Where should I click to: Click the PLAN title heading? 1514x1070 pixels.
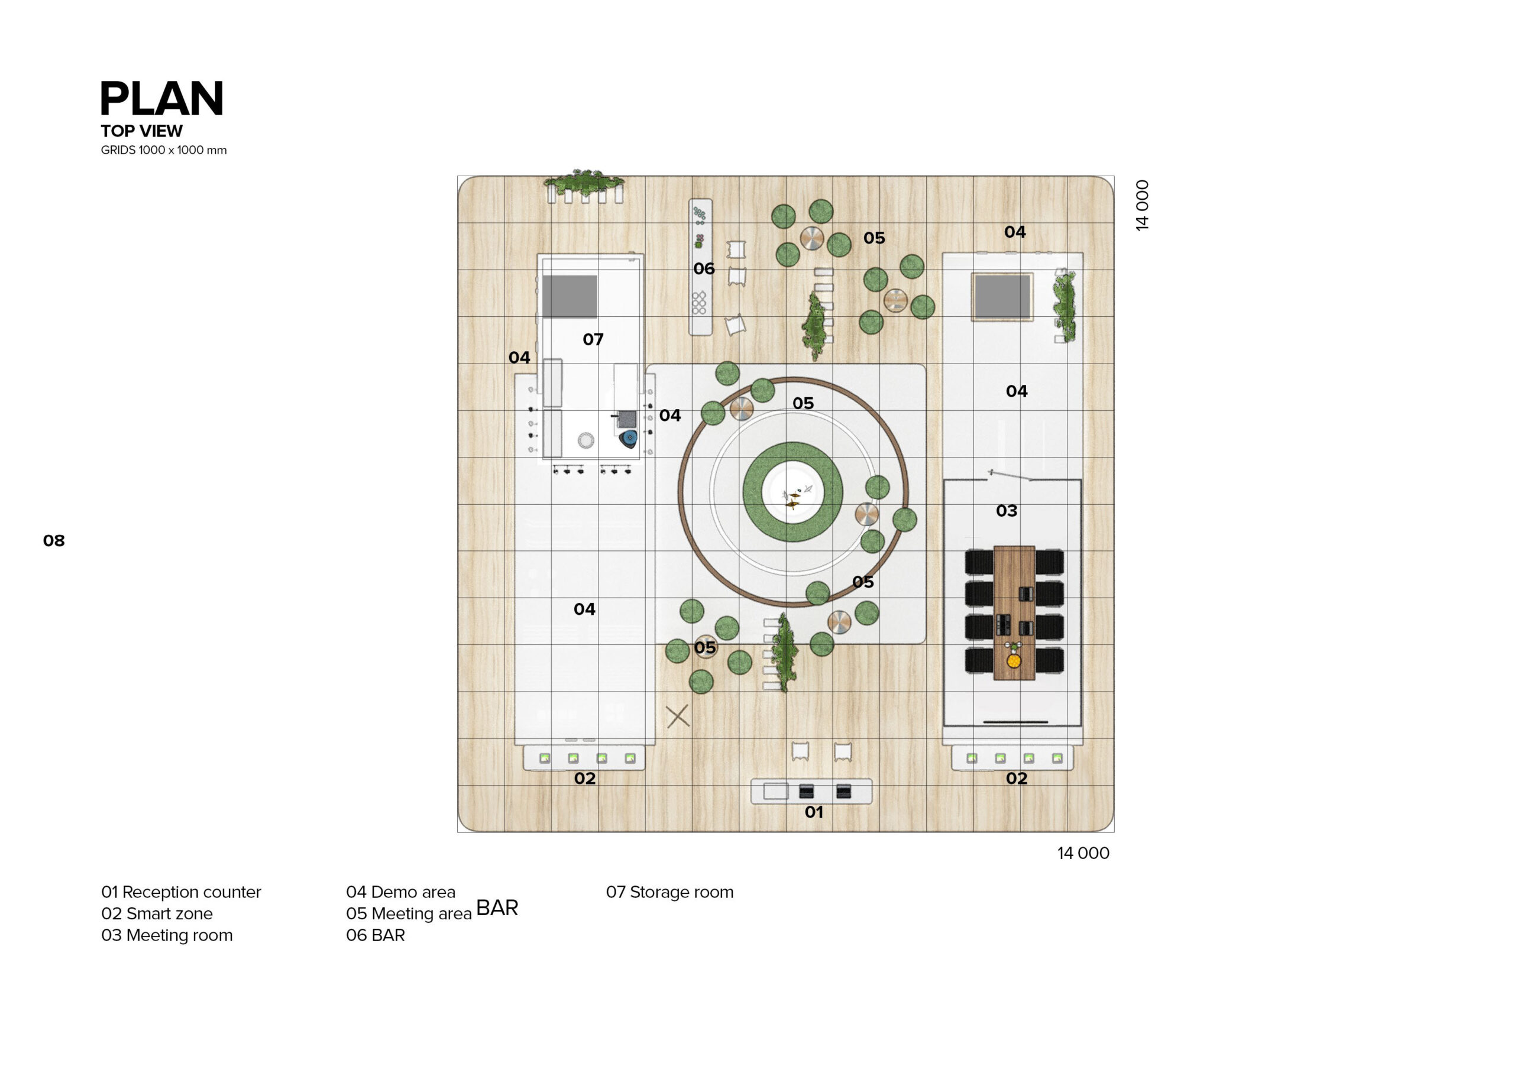tap(161, 99)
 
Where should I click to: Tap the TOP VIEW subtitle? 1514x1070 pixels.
tap(142, 131)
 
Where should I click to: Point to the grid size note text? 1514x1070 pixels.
tap(164, 150)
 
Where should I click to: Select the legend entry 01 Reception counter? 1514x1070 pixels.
tap(182, 892)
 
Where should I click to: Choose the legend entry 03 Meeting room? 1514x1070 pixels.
tap(167, 935)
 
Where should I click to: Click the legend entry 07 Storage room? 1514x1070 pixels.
tap(669, 892)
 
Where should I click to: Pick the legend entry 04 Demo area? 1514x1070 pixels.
tap(400, 892)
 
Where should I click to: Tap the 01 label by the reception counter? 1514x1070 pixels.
tap(814, 812)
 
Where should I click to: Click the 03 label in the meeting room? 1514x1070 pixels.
tap(1006, 511)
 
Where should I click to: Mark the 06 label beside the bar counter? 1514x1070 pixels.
tap(704, 269)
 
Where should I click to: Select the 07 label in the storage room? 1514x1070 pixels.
tap(593, 339)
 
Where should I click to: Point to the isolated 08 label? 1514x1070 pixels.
tap(54, 540)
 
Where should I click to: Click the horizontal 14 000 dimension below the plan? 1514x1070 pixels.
tap(1083, 853)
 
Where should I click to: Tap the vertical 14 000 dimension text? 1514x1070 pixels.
tap(1142, 205)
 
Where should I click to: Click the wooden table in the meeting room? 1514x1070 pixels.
tap(1014, 612)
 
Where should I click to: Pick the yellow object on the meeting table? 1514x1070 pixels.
tap(1014, 660)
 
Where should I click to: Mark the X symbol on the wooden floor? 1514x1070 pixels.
tap(678, 716)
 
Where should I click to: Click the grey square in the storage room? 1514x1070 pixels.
tap(570, 297)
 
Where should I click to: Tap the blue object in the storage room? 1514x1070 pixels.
tap(629, 439)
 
